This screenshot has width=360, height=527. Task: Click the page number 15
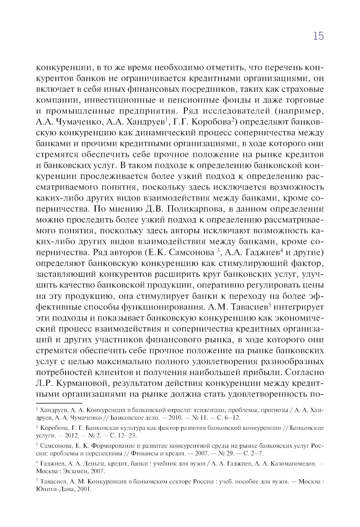318,36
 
